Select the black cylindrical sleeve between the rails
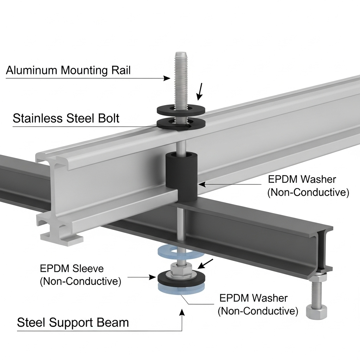[182, 176]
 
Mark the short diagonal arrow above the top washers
[200, 91]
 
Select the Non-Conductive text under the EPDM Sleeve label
[81, 281]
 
